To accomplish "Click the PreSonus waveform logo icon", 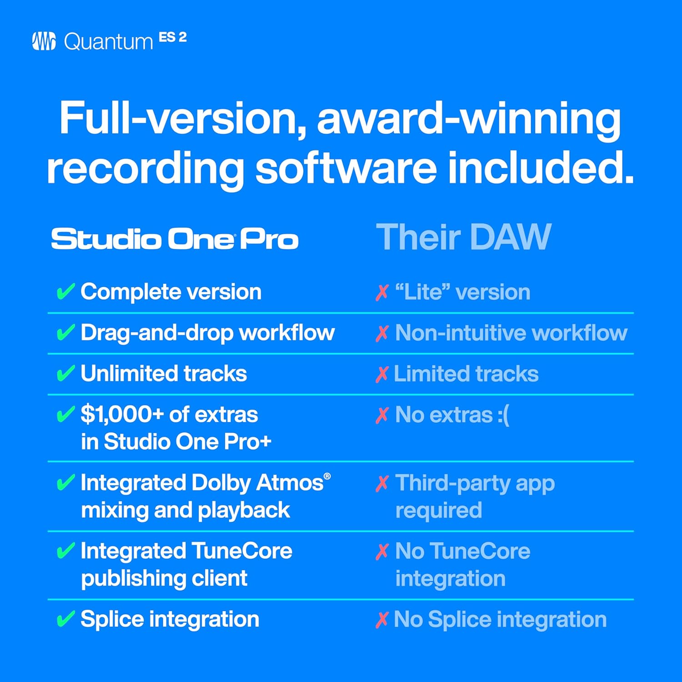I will (x=44, y=41).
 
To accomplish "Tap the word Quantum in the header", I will (x=108, y=42).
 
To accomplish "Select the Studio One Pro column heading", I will (x=175, y=239).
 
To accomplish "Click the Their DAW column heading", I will (x=463, y=237).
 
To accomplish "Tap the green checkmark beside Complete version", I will (x=65, y=291).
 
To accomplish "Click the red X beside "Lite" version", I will (x=382, y=293).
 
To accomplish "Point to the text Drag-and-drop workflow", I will (x=207, y=333).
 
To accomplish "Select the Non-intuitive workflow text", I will (x=511, y=333).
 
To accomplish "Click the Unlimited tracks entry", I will (x=164, y=374).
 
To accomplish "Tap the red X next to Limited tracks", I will (x=382, y=375).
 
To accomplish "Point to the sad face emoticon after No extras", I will (x=503, y=415).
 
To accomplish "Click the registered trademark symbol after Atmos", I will (x=327, y=476).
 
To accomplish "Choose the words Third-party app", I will (x=475, y=483).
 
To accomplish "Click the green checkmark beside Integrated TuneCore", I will (x=65, y=551).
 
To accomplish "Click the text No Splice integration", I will (x=500, y=620).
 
